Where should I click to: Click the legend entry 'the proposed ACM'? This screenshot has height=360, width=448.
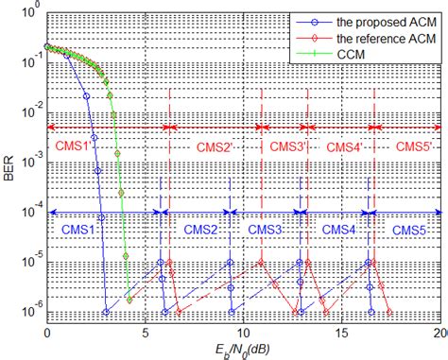coord(378,22)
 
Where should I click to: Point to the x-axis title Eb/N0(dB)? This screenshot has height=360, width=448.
coord(245,348)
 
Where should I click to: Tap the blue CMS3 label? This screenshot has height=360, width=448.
coord(267,230)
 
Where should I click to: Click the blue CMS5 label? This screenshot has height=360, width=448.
coord(409,230)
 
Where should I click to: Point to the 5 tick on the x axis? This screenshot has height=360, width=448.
coord(146,332)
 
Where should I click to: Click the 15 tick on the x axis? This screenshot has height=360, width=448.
coord(343,332)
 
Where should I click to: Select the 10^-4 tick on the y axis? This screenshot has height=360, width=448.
coord(29,212)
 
